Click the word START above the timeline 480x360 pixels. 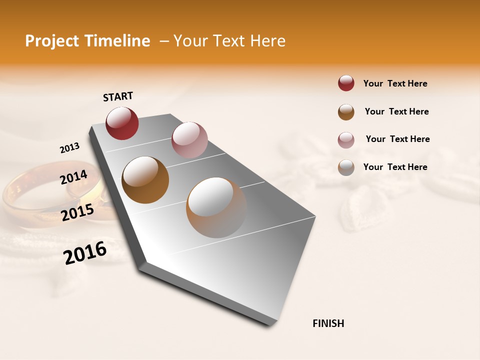tap(118, 96)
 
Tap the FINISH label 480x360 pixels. tap(328, 323)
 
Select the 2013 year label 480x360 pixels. tap(69, 148)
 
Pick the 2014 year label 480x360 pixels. tap(73, 177)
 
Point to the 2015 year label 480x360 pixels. tap(77, 212)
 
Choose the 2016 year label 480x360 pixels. tap(85, 253)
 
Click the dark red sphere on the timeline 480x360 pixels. tap(122, 123)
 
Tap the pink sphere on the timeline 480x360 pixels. tap(189, 139)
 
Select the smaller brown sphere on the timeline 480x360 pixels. tap(145, 180)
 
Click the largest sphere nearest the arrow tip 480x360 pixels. tap(216, 207)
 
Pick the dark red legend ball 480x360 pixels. tap(346, 83)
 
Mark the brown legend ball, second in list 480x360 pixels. tap(346, 111)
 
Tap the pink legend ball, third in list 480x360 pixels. tap(346, 139)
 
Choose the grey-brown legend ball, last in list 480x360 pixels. tap(346, 167)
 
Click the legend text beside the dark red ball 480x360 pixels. tap(395, 83)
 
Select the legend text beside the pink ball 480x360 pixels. tap(397, 139)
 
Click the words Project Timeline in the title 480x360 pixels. tap(87, 41)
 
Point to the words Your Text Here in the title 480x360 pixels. tap(229, 41)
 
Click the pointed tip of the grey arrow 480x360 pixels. tap(272, 323)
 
